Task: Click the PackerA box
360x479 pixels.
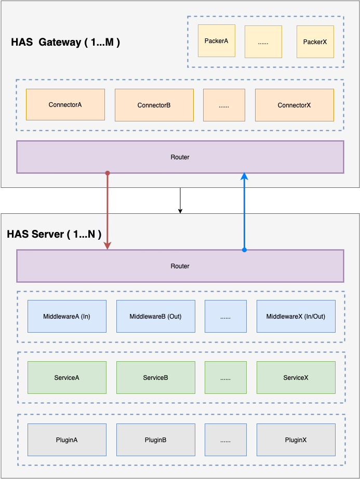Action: [x=216, y=40]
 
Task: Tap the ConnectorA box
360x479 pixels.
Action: [x=65, y=104]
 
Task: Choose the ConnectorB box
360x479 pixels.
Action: [x=154, y=105]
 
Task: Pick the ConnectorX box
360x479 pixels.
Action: [x=294, y=105]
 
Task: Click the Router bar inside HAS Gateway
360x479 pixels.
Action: [x=180, y=157]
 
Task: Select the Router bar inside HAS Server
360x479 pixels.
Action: [x=180, y=266]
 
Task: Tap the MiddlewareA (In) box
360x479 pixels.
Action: [x=67, y=316]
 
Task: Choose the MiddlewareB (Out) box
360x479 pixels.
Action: [x=155, y=316]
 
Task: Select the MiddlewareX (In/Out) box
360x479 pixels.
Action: [x=296, y=316]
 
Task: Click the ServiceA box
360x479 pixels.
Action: [x=67, y=377]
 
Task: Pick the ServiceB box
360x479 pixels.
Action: [x=155, y=377]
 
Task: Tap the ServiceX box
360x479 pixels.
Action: [x=296, y=377]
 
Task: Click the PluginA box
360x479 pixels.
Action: [x=67, y=440]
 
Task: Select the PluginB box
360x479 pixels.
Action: [x=155, y=440]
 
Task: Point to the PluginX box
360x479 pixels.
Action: [x=296, y=440]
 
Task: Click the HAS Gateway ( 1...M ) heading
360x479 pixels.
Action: [x=65, y=43]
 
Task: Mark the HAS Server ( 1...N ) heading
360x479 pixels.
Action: [x=54, y=234]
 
